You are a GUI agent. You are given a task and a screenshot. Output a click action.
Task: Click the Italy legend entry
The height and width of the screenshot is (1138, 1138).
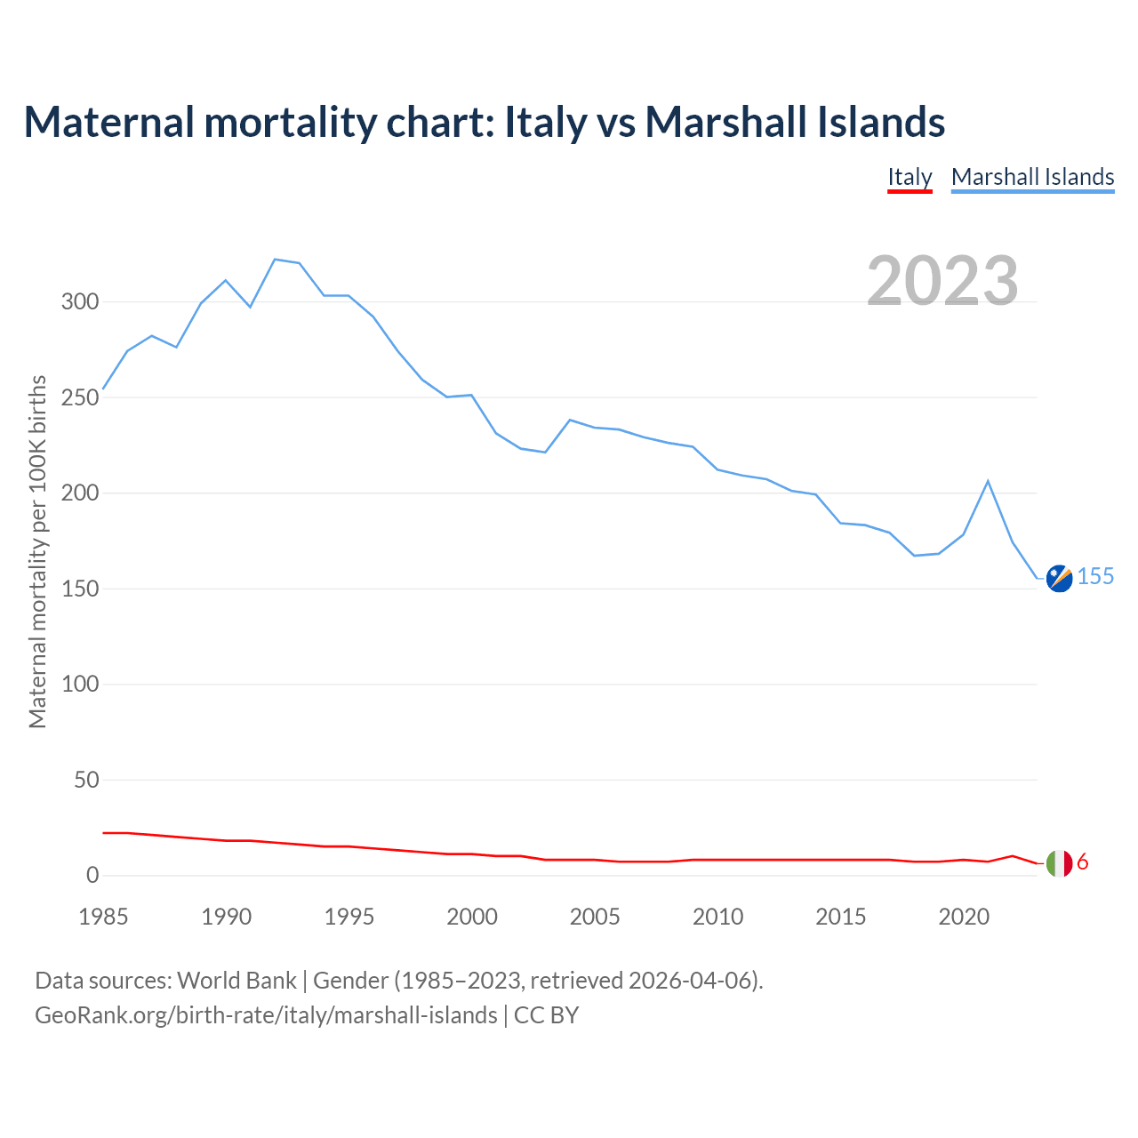coord(910,177)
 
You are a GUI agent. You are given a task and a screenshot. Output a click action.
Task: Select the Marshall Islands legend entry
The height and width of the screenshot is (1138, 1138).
coord(1032,177)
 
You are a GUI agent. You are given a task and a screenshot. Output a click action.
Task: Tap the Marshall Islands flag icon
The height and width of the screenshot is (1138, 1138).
coord(1059,578)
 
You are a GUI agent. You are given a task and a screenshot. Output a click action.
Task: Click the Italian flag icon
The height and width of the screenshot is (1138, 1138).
coord(1059,862)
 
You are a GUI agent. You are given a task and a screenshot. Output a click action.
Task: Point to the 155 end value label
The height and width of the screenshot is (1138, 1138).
coord(1095,577)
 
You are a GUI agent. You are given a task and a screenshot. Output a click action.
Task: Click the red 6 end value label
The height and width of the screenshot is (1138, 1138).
coord(1082,862)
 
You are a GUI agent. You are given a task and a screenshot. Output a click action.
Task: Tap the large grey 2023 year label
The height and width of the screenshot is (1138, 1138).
coord(942,281)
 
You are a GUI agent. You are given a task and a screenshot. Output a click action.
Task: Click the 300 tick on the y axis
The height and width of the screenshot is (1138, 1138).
coord(79,301)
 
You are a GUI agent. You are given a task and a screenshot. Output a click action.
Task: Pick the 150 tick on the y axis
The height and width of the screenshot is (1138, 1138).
coord(79,589)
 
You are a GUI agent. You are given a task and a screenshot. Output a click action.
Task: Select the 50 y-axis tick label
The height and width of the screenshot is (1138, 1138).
coord(86,780)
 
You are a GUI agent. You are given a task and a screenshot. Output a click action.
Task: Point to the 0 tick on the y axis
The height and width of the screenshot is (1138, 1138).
coord(92,876)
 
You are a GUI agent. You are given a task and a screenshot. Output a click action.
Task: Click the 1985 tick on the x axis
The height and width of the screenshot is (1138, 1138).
coord(103,917)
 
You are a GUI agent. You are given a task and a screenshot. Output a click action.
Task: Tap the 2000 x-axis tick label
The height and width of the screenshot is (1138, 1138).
coord(472,917)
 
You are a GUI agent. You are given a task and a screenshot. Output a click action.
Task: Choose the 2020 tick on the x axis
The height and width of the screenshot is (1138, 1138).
coord(964,917)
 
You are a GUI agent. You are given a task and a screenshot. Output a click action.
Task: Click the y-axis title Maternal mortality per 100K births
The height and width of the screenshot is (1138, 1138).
coord(37,552)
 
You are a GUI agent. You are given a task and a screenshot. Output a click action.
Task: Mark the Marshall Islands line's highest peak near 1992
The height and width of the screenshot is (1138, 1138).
coord(275,260)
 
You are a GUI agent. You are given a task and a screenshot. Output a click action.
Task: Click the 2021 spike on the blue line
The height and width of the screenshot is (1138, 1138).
coord(988,481)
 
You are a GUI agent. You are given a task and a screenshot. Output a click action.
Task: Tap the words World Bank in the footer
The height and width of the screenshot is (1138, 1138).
coord(236,981)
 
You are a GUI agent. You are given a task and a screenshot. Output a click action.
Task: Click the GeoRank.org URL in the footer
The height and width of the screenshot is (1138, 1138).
coord(266,1015)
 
